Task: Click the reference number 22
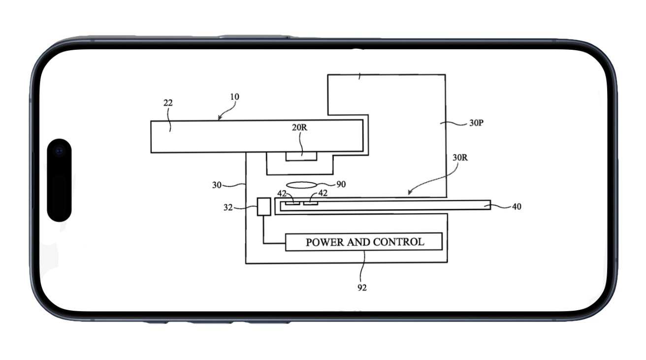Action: click(x=168, y=103)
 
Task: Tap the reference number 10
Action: click(x=234, y=97)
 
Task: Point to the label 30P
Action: click(x=476, y=123)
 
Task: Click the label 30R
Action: click(x=460, y=158)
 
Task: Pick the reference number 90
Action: click(x=341, y=184)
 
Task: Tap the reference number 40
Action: click(x=517, y=207)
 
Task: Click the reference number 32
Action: click(x=228, y=207)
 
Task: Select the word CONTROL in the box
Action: click(x=398, y=242)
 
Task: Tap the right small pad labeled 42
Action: click(x=311, y=202)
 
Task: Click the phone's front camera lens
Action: click(x=60, y=150)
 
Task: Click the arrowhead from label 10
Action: click(x=219, y=119)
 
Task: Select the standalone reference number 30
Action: click(x=217, y=185)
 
